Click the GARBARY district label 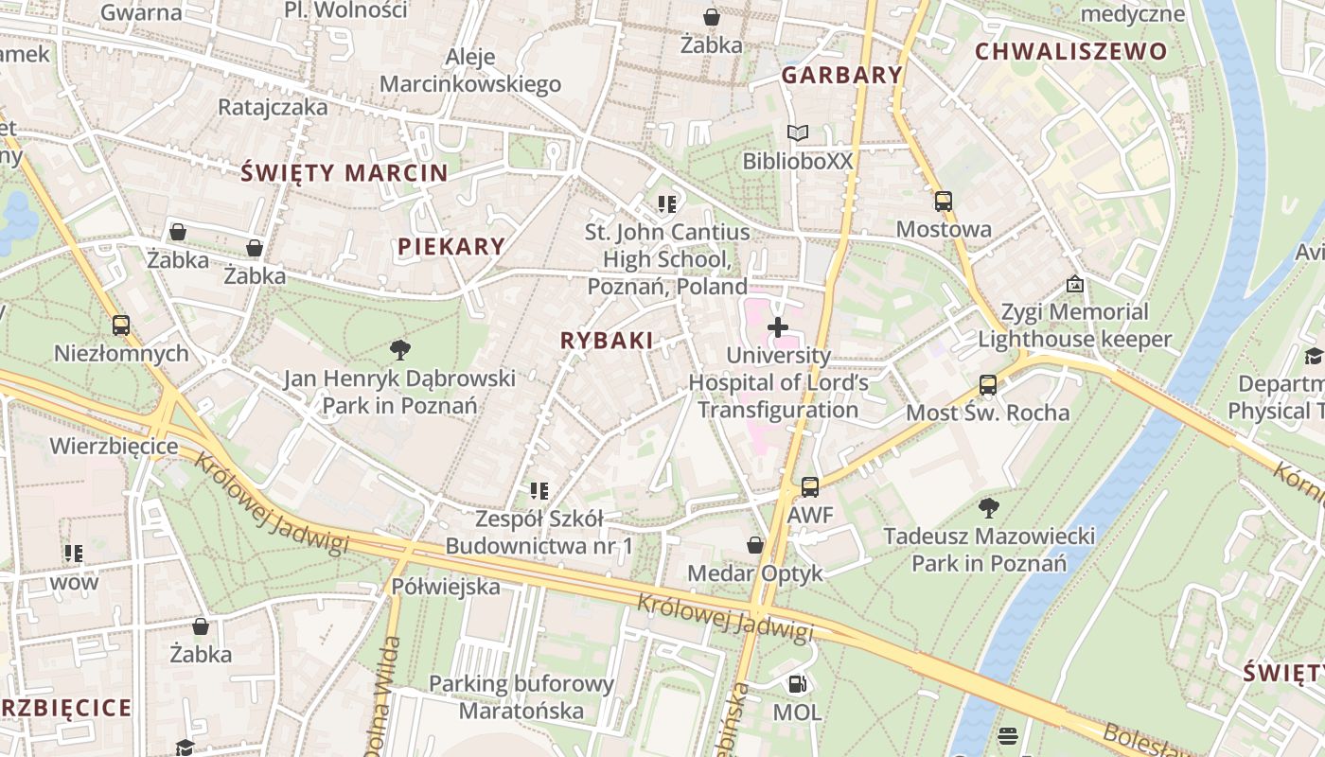pyautogui.click(x=841, y=76)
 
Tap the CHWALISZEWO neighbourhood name pyautogui.click(x=1070, y=52)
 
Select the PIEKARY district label pyautogui.click(x=451, y=247)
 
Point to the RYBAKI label pyautogui.click(x=607, y=341)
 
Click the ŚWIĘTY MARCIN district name pyautogui.click(x=344, y=173)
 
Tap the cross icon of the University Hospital pyautogui.click(x=778, y=327)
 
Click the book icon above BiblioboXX pyautogui.click(x=798, y=133)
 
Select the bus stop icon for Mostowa pyautogui.click(x=944, y=201)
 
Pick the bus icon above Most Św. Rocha pyautogui.click(x=988, y=384)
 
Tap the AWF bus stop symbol pyautogui.click(x=810, y=487)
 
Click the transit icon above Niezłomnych pyautogui.click(x=121, y=326)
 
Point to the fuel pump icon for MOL pyautogui.click(x=797, y=683)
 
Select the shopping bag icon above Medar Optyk pyautogui.click(x=755, y=545)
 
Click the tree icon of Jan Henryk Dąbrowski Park pyautogui.click(x=400, y=350)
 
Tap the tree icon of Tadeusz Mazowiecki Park pyautogui.click(x=989, y=508)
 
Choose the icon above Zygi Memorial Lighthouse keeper pyautogui.click(x=1075, y=284)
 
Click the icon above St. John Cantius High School pyautogui.click(x=667, y=203)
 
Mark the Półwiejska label pyautogui.click(x=446, y=587)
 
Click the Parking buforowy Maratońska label pyautogui.click(x=521, y=696)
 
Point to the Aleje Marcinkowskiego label pyautogui.click(x=470, y=70)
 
